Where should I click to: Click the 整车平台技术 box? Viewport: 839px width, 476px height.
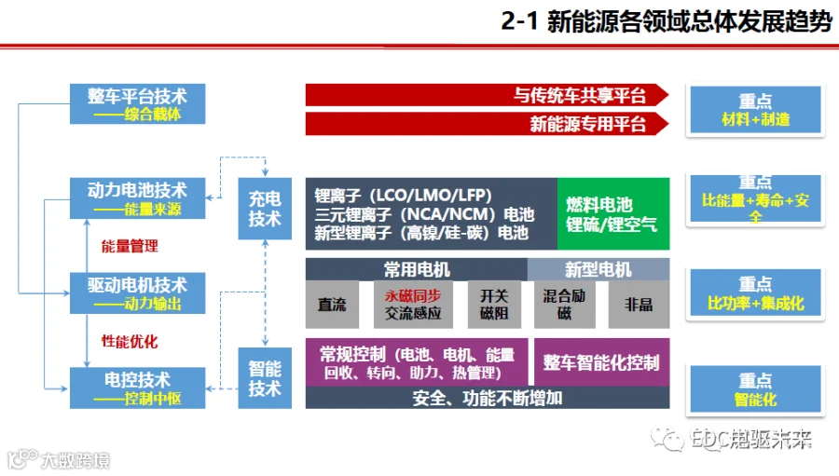[138, 103]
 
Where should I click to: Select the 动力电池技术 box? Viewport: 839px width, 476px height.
[138, 198]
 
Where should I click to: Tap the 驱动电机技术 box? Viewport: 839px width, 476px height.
[138, 293]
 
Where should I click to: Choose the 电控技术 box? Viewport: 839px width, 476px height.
[138, 388]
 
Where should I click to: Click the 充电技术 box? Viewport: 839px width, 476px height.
[265, 209]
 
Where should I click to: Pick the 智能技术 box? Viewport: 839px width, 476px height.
[265, 378]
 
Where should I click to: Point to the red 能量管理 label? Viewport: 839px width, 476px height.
[130, 246]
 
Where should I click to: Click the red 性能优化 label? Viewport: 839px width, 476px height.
[130, 341]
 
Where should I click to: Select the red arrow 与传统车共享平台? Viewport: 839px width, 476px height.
[487, 95]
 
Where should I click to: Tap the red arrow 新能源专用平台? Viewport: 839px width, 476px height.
[487, 124]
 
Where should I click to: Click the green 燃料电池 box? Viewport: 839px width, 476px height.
[613, 214]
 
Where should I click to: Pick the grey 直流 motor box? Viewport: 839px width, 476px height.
[332, 305]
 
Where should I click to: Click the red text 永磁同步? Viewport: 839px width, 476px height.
[413, 296]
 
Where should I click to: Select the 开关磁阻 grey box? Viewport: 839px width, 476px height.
[494, 305]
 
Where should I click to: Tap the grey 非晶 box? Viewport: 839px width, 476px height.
[639, 305]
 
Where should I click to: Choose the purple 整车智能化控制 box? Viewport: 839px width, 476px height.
[601, 362]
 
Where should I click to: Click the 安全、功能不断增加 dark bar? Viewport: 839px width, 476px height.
[488, 398]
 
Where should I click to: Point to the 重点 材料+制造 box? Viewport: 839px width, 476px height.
[755, 110]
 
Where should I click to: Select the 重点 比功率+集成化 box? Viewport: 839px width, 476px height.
[755, 293]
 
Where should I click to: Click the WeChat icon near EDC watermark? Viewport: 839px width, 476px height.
[667, 440]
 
